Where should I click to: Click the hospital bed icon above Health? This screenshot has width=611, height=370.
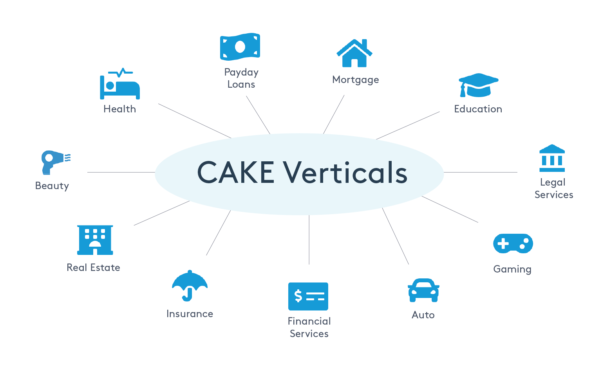click(x=120, y=85)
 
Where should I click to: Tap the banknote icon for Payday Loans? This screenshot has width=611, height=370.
click(x=240, y=47)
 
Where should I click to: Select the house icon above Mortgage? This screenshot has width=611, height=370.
click(x=354, y=53)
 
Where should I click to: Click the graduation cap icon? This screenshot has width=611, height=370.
click(x=478, y=85)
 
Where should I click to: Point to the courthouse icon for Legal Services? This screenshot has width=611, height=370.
click(x=552, y=158)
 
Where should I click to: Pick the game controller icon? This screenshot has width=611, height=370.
click(x=513, y=244)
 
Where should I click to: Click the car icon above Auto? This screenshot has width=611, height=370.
click(x=423, y=291)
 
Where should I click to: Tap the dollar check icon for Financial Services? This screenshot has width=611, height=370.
click(x=308, y=296)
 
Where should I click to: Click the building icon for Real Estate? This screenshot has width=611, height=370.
click(x=95, y=240)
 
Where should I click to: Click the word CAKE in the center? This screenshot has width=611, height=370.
click(x=236, y=172)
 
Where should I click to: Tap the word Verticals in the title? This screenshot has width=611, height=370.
click(x=345, y=172)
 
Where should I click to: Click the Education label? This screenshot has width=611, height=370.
click(x=478, y=109)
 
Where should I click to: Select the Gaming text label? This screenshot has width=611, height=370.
click(x=512, y=269)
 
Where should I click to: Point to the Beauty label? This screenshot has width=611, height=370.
click(x=52, y=186)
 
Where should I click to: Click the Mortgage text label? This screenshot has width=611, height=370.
click(x=355, y=80)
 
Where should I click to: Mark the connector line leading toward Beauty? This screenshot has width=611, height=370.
click(x=121, y=172)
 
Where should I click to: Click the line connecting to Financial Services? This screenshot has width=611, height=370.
click(x=309, y=240)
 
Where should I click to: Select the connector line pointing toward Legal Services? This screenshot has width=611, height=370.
click(x=480, y=172)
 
